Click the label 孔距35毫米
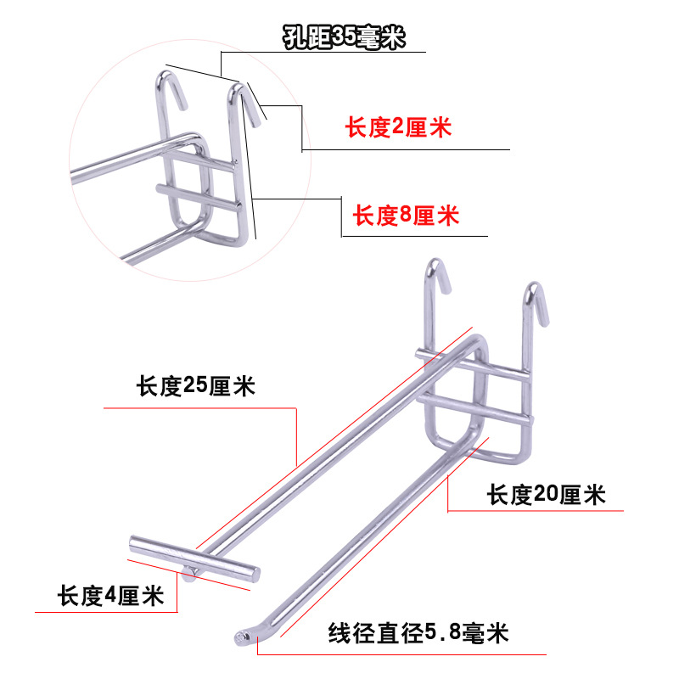click(345, 39)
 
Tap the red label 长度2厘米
click(397, 129)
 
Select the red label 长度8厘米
click(406, 216)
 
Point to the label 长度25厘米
click(196, 388)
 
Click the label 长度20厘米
click(546, 494)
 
